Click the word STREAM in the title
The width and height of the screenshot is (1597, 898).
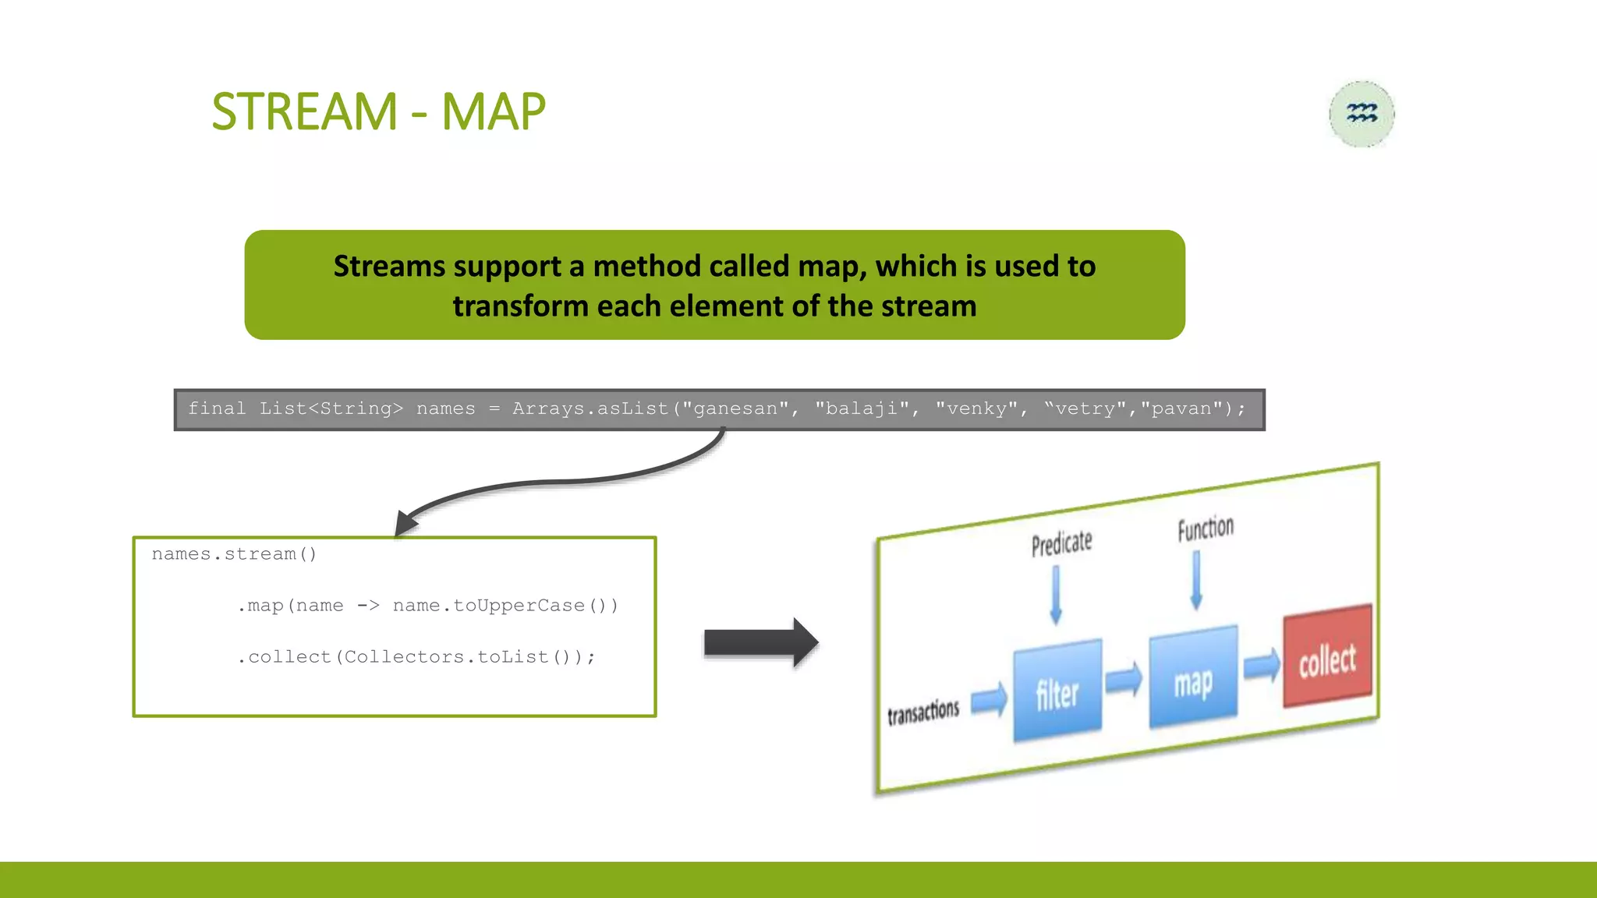tap(304, 111)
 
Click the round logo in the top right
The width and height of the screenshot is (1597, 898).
tap(1362, 114)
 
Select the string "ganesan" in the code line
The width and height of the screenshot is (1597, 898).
tap(735, 408)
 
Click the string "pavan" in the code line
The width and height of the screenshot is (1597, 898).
tap(1181, 408)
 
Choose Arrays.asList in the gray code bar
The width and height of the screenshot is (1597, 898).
tap(590, 408)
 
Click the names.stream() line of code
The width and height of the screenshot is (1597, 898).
tap(234, 554)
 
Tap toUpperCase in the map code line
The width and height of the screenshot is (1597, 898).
tap(519, 606)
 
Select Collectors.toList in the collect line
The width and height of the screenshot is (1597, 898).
tap(447, 657)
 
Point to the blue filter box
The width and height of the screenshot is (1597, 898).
tap(1057, 691)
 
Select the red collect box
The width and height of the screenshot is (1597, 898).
tap(1327, 656)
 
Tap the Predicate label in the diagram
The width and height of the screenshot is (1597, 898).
tap(1061, 543)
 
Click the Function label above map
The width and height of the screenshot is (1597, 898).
tap(1206, 529)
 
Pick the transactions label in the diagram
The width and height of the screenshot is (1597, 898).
tap(923, 711)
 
